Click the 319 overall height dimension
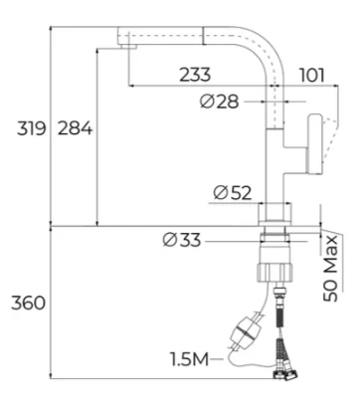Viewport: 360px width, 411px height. coord(31,128)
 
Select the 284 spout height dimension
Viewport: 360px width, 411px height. coord(75,128)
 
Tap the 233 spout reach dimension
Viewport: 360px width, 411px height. coord(195,75)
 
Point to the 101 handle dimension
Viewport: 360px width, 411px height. coord(312,76)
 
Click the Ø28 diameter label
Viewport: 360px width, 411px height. coord(219,102)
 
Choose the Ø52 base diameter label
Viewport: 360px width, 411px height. coord(233,192)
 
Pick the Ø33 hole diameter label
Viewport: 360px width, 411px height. coord(182,240)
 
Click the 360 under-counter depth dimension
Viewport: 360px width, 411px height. coord(28,303)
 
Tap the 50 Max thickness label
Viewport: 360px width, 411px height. coord(330,268)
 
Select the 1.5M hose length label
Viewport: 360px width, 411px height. coord(190,359)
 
